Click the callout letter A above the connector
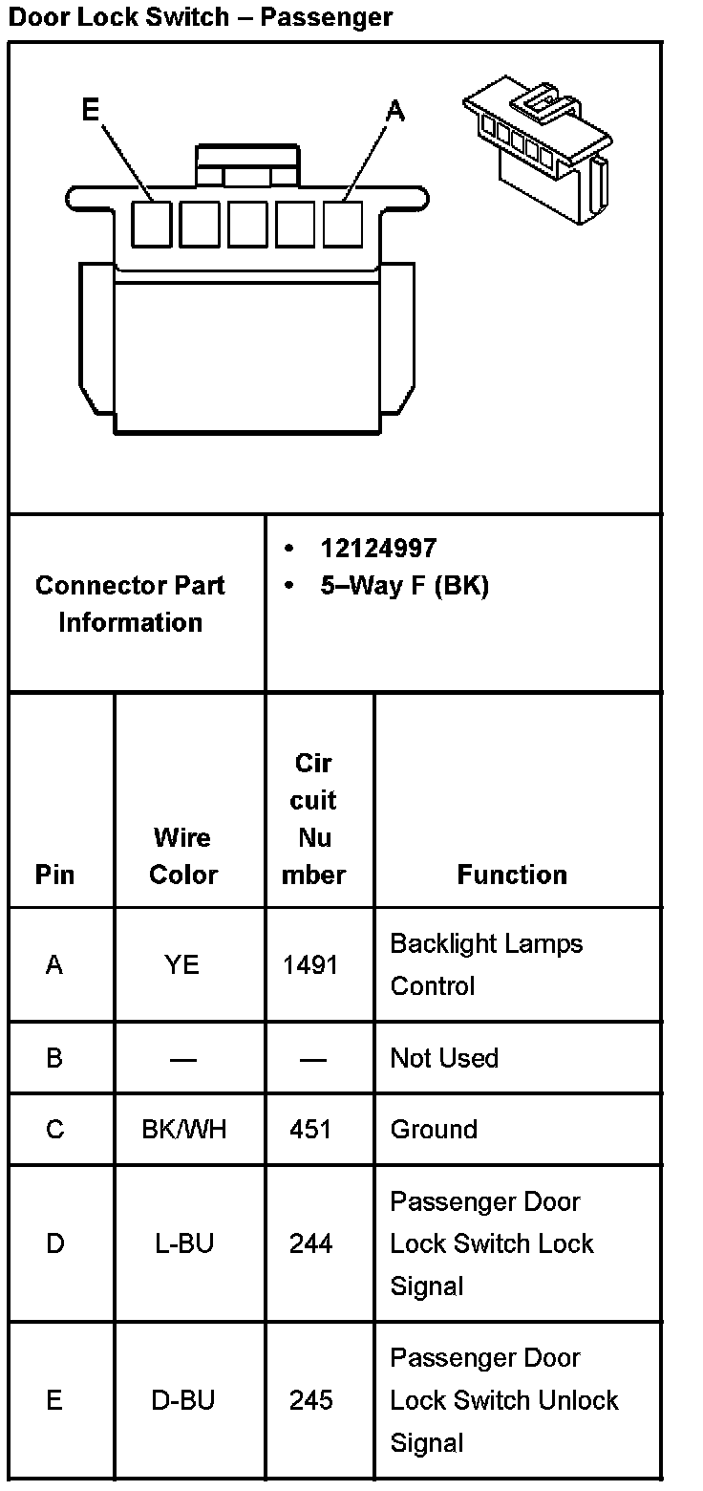(x=394, y=111)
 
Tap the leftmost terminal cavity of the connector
(x=151, y=224)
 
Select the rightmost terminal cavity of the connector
(x=343, y=224)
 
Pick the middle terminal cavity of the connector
(x=247, y=224)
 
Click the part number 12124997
(x=378, y=548)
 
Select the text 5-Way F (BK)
(x=404, y=585)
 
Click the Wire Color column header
(x=182, y=855)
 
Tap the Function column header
(x=512, y=874)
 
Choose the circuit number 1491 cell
(x=310, y=964)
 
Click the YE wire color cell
(x=181, y=964)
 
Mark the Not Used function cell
(x=444, y=1058)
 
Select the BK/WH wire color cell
(x=183, y=1129)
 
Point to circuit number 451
(x=310, y=1129)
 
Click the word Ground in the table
(x=433, y=1129)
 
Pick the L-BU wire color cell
(x=183, y=1242)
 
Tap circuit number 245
(x=310, y=1400)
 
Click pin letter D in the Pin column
(x=54, y=1242)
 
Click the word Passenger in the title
(x=326, y=16)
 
